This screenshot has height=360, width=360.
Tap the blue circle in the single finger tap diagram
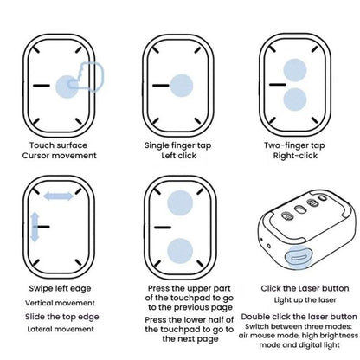tap(182, 86)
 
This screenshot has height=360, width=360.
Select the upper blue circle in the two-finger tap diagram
tap(295, 70)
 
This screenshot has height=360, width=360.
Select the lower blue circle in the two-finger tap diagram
tap(295, 100)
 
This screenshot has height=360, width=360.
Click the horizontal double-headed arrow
tap(58, 196)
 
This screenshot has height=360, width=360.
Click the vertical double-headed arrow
tap(35, 227)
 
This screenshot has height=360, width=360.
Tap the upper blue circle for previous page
tap(180, 202)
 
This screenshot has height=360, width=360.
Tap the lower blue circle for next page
tap(180, 251)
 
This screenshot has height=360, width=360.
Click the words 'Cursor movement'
tap(60, 156)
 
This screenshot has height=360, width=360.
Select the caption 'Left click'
tap(179, 156)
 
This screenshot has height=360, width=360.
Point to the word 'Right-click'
tap(295, 156)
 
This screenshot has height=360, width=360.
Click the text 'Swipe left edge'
tap(60, 288)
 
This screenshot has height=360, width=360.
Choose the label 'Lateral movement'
tap(61, 329)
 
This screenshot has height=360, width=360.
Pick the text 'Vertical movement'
tap(60, 303)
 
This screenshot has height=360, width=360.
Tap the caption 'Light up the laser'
tap(305, 300)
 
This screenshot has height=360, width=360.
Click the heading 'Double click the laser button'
tap(299, 317)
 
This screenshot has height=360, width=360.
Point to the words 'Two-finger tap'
tap(294, 145)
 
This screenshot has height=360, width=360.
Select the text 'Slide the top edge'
tap(62, 317)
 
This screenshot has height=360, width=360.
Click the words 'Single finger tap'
tap(178, 145)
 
